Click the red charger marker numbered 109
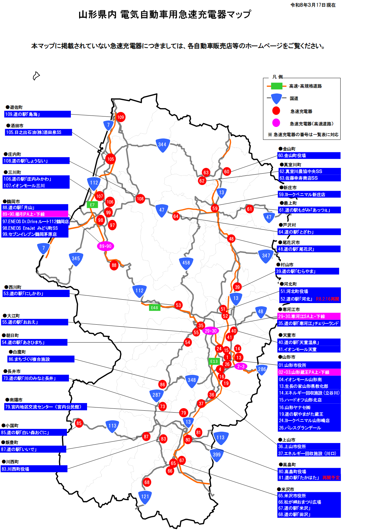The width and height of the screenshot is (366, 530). click(120, 117)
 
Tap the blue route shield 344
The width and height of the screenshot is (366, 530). click(162, 145)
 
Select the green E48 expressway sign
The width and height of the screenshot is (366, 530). click(154, 308)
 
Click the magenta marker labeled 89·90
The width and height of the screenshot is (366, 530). click(105, 246)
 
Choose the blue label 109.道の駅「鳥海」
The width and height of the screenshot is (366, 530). click(37, 114)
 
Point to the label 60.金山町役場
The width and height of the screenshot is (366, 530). click(309, 156)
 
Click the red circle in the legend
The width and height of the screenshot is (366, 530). click(276, 111)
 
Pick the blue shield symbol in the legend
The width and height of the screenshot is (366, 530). click(276, 98)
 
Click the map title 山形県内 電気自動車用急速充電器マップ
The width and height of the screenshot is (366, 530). click(165, 15)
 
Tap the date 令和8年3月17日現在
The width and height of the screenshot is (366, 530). click(313, 5)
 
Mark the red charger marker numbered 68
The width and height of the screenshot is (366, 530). click(147, 482)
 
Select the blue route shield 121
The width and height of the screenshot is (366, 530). click(145, 497)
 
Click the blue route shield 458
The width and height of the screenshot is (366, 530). click(186, 263)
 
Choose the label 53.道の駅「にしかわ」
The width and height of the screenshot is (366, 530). click(36, 294)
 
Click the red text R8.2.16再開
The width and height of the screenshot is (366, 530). click(327, 299)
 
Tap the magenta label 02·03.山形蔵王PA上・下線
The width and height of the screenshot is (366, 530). click(309, 372)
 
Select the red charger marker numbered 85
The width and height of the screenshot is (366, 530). click(79, 423)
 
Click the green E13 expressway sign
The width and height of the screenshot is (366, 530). click(214, 361)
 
